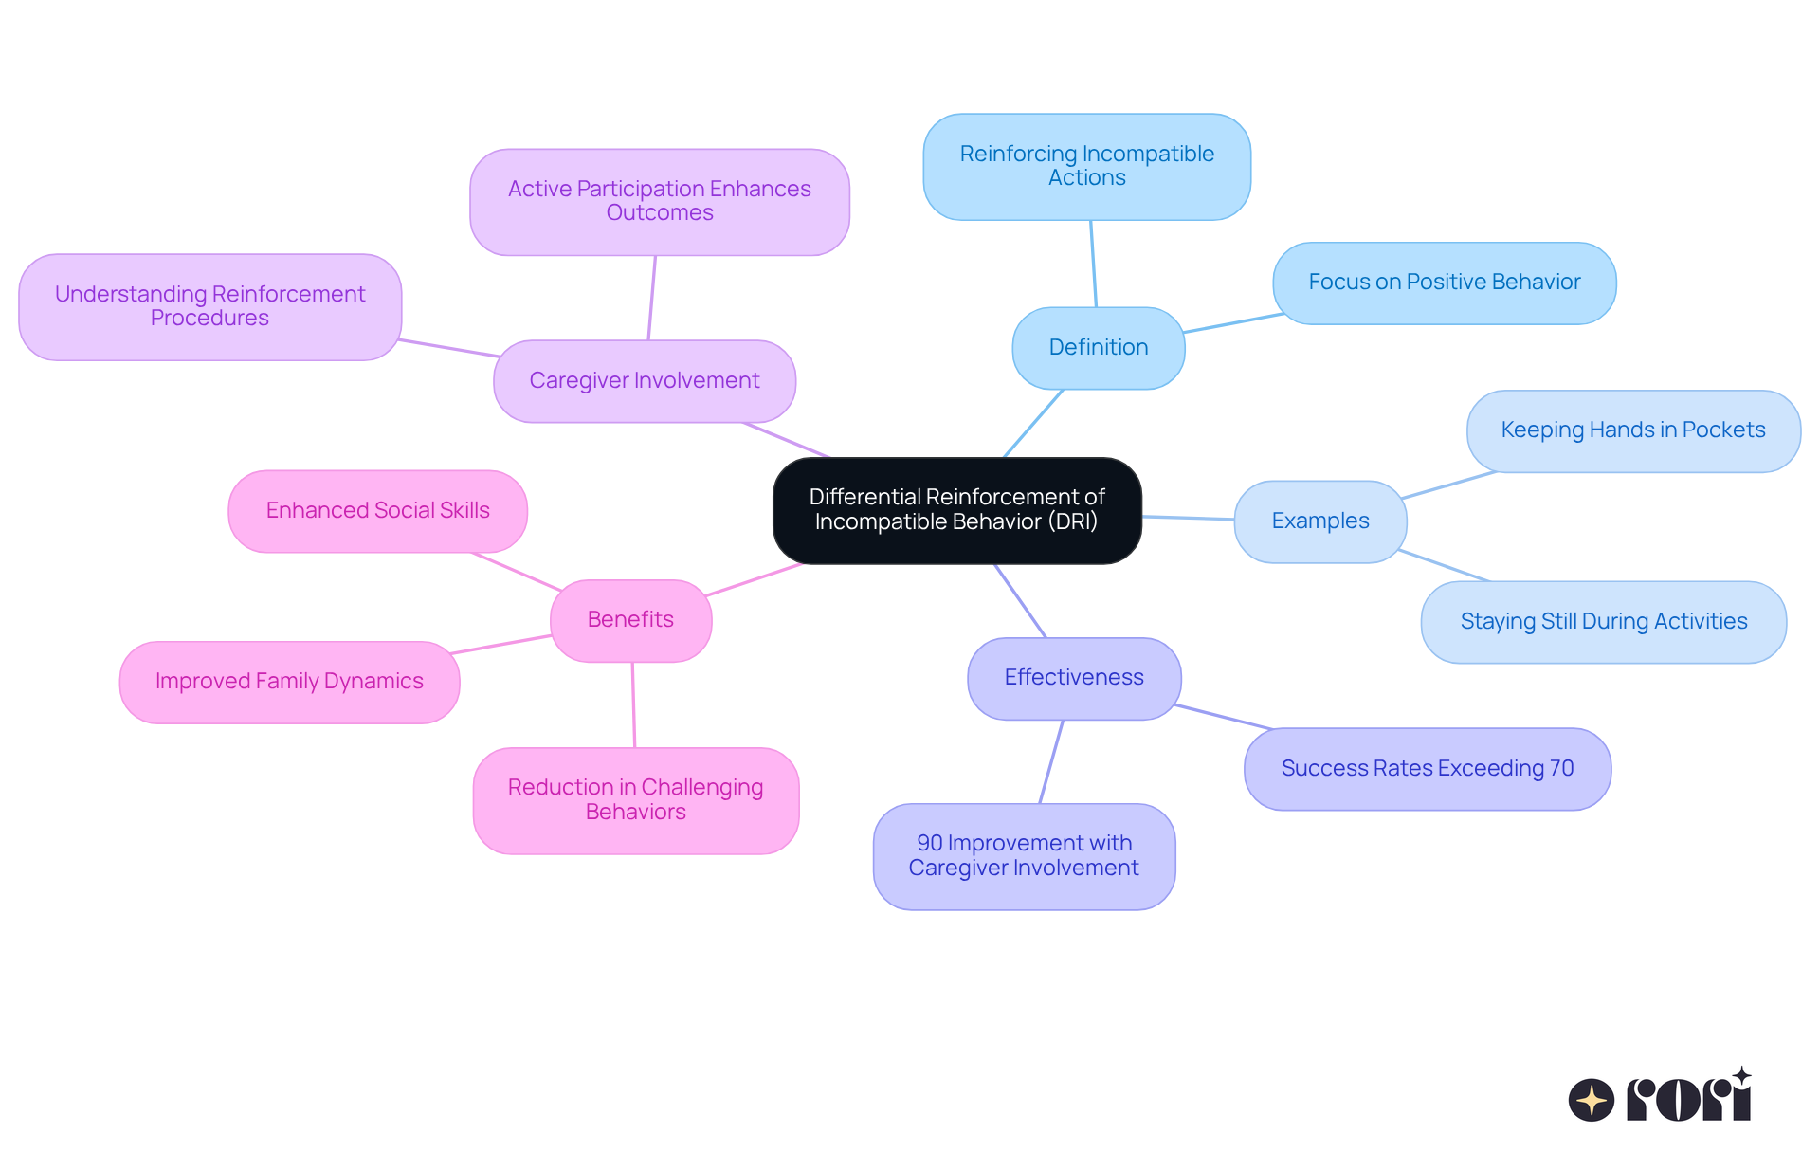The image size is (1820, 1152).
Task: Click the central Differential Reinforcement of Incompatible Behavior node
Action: (x=956, y=510)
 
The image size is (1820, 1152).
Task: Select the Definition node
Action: (x=1098, y=348)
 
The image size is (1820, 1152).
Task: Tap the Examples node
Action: (x=1319, y=521)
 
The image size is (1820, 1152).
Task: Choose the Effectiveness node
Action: (x=1073, y=678)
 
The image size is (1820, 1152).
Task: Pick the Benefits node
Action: (x=630, y=620)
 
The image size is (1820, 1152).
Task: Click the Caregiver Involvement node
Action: (x=644, y=381)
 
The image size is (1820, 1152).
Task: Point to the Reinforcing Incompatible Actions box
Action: (x=1086, y=167)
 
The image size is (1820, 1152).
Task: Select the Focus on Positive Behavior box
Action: (x=1444, y=283)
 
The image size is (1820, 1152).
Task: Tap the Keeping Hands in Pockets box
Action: (x=1632, y=430)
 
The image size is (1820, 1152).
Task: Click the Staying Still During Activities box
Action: (x=1603, y=622)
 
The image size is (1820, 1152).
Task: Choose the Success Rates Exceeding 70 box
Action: (x=1427, y=769)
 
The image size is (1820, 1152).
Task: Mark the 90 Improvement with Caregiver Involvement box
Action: (x=1024, y=856)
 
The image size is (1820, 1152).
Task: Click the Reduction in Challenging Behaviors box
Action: (x=635, y=800)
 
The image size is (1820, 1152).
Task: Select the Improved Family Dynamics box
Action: (x=289, y=682)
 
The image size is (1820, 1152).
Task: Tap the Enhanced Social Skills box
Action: (x=377, y=511)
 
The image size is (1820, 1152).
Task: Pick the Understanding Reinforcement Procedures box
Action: (x=209, y=306)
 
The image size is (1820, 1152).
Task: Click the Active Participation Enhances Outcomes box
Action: (x=659, y=201)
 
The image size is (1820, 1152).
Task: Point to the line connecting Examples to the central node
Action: (x=1188, y=518)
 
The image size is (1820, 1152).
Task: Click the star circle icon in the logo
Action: (x=1591, y=1100)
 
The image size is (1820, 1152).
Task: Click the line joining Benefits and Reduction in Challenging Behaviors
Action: (x=633, y=704)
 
